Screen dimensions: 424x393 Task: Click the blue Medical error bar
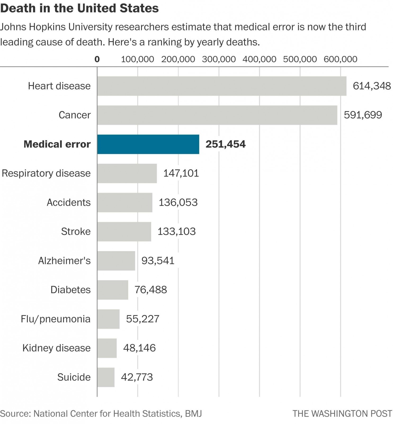(148, 144)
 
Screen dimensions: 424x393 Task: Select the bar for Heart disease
(222, 86)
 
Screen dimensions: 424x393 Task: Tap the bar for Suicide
(106, 377)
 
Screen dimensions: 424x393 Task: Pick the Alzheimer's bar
(116, 261)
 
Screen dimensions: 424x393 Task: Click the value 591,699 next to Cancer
(363, 115)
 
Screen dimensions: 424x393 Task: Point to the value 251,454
(225, 144)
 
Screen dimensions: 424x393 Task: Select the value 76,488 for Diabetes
(151, 290)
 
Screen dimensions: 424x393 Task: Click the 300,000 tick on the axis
(219, 59)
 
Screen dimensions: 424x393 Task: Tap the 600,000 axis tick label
(340, 59)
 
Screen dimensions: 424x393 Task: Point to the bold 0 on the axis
(97, 59)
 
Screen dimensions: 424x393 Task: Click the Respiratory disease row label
(46, 173)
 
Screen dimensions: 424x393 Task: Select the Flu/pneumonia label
(56, 319)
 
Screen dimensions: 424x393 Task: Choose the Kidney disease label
(56, 348)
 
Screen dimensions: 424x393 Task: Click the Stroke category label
(76, 232)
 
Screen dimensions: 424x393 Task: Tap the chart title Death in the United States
(79, 8)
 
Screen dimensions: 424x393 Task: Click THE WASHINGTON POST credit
(342, 413)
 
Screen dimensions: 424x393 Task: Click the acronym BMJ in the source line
(193, 413)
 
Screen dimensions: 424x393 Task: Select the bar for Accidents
(124, 202)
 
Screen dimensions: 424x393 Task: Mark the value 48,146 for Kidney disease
(139, 348)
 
